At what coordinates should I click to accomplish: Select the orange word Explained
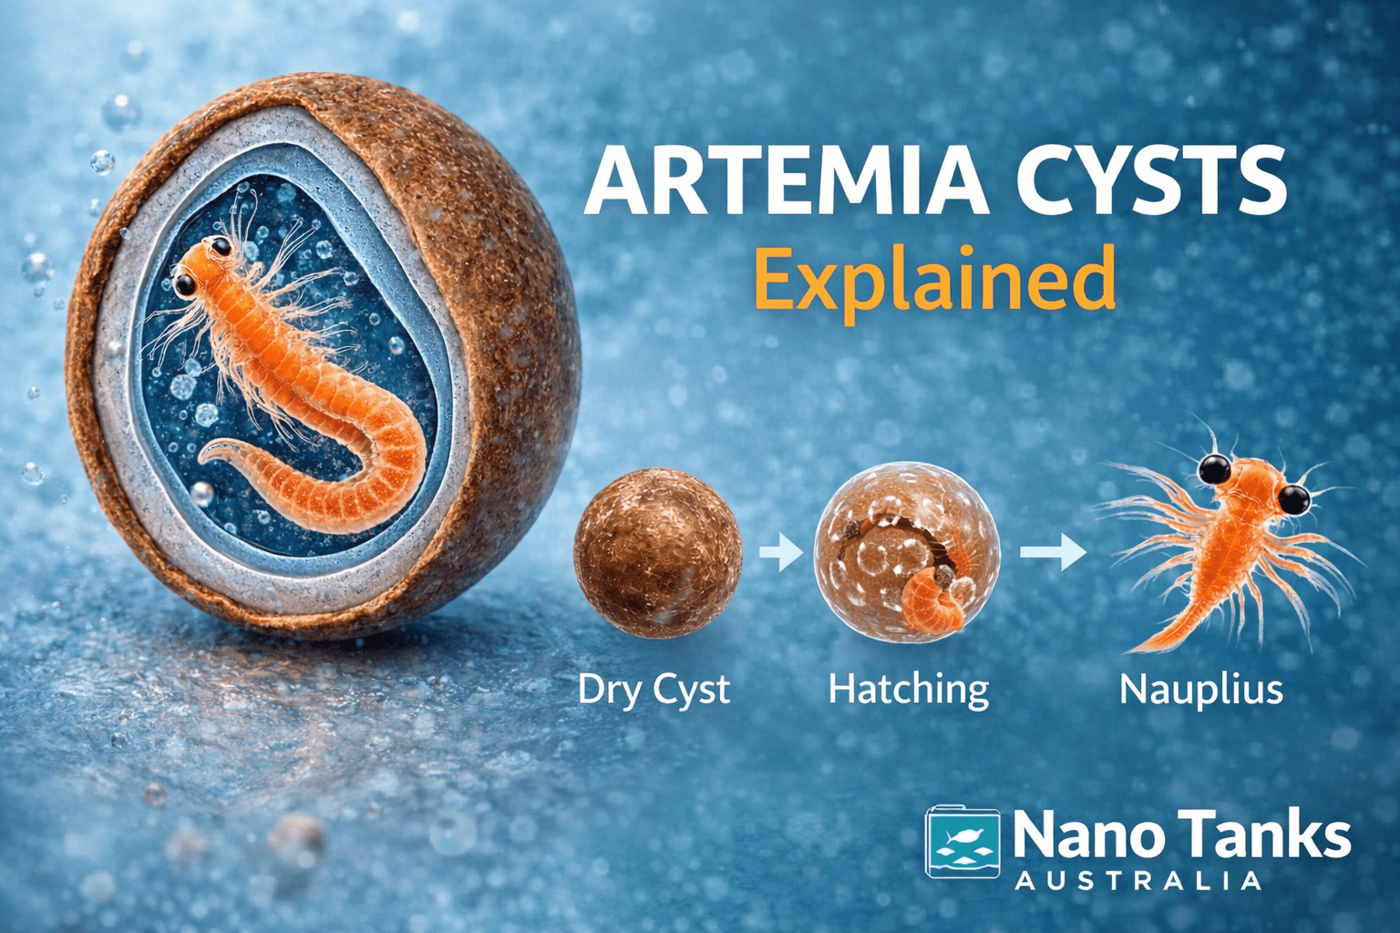(x=934, y=279)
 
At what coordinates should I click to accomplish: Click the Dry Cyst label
(x=654, y=689)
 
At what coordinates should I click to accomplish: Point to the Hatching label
(x=908, y=689)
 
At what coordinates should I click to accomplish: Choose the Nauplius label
(x=1200, y=689)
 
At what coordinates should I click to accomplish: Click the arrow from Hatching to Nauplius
(x=1052, y=552)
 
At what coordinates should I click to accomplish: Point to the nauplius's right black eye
(x=1293, y=498)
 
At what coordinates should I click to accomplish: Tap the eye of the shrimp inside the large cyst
(x=185, y=284)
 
